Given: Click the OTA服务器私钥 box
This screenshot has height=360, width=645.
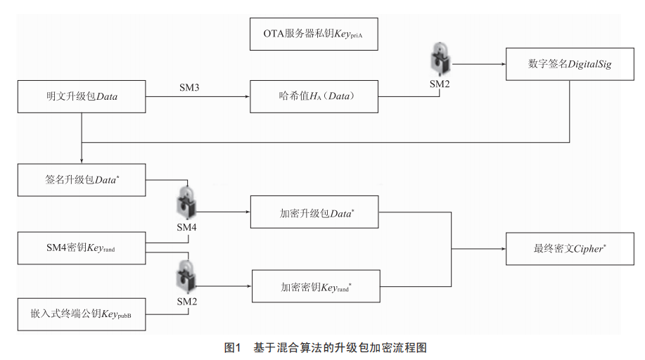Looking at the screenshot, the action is click(314, 34).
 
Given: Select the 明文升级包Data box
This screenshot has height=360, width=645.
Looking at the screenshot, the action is click(82, 97).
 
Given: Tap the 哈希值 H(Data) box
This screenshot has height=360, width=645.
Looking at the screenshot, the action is click(314, 97).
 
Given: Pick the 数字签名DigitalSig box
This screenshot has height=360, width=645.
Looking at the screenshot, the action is click(570, 64).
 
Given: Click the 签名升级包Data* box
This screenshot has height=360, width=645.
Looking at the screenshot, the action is click(82, 180).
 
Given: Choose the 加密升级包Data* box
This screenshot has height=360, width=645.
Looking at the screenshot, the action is click(314, 212).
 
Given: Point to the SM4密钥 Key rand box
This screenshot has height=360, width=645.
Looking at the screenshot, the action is click(82, 248).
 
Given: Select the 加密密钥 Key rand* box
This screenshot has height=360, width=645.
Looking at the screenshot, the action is click(316, 286).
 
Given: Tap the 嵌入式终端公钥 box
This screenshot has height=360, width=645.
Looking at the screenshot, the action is click(82, 314).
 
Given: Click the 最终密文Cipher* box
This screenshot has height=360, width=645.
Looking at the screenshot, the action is click(570, 249).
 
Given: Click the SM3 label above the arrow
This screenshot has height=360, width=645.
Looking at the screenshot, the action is click(189, 88).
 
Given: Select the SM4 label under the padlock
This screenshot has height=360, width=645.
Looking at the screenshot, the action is click(187, 227).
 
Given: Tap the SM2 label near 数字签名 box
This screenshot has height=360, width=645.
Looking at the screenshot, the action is click(440, 84).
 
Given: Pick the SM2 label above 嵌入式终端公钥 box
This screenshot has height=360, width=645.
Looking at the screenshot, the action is click(187, 302).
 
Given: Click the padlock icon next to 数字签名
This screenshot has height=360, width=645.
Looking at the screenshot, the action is click(440, 59).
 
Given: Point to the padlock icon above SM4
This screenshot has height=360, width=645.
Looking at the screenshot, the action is click(187, 202).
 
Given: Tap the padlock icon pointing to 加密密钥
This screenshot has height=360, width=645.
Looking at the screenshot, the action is click(186, 276).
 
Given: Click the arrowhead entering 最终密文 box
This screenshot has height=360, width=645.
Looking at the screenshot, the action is click(503, 249).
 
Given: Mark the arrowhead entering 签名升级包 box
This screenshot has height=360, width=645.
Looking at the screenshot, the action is click(82, 161).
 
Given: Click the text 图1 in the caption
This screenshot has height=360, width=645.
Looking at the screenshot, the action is click(232, 347).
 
